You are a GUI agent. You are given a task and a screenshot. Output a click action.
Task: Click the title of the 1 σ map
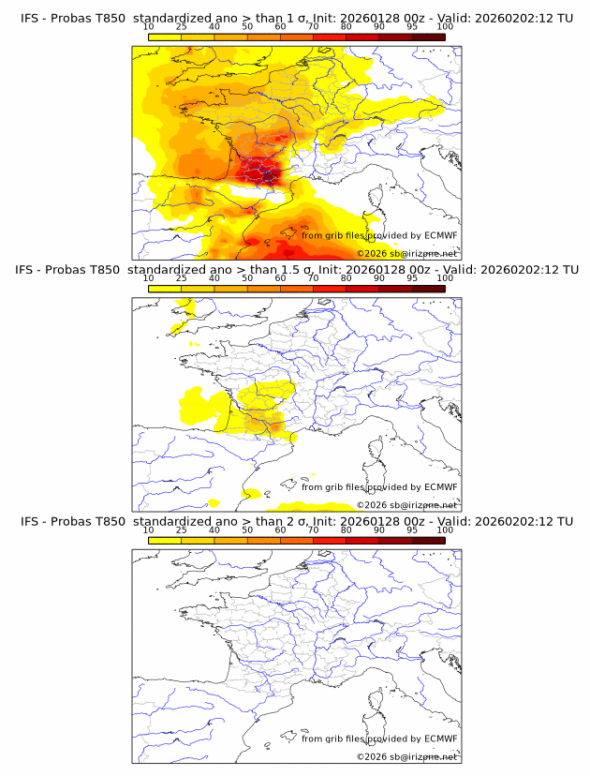(296, 19)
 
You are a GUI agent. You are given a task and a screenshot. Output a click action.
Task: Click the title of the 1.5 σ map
(296, 270)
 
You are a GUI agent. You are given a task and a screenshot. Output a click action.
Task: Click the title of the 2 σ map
(296, 521)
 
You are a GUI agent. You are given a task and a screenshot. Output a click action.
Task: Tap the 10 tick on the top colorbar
(149, 27)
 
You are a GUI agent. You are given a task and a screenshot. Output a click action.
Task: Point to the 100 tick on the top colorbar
(445, 27)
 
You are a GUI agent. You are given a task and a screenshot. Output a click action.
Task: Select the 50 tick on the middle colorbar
(247, 278)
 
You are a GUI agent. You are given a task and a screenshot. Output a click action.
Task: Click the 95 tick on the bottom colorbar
(412, 530)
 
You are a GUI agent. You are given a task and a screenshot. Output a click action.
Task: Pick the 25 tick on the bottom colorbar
(182, 530)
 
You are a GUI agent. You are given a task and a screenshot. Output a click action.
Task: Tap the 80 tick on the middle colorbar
(347, 278)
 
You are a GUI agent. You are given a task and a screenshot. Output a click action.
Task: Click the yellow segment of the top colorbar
(165, 36)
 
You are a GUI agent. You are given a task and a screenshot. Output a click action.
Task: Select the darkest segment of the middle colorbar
(428, 288)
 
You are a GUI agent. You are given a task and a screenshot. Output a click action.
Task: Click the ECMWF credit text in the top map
(379, 235)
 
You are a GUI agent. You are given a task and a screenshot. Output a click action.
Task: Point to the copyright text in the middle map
(406, 505)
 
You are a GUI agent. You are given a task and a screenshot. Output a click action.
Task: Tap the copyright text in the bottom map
(406, 756)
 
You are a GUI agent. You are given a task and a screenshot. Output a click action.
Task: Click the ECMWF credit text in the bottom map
(379, 738)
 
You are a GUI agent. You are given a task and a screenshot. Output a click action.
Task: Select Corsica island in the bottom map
(377, 702)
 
